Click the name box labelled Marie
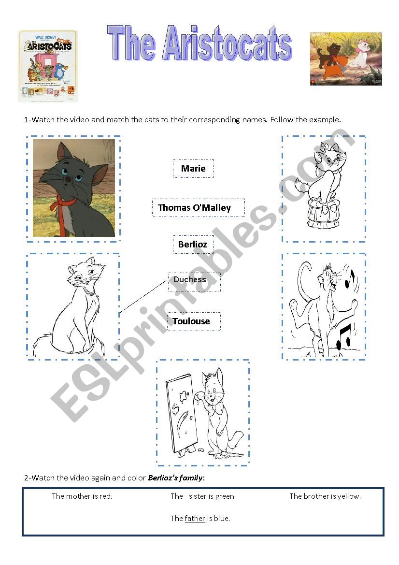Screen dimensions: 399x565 [193, 169]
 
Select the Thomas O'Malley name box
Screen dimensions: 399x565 [199, 207]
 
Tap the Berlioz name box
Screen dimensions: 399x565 [193, 244]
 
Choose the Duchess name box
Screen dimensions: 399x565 [194, 282]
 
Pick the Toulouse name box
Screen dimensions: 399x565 [194, 321]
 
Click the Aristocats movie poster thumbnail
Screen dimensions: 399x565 [48, 66]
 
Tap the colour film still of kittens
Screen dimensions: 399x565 [346, 59]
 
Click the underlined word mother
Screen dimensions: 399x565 [79, 496]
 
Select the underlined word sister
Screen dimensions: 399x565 [198, 496]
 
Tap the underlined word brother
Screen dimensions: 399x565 [316, 496]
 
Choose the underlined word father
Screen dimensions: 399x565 [195, 518]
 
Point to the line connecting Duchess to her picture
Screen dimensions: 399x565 [143, 296]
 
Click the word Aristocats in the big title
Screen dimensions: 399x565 [227, 43]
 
